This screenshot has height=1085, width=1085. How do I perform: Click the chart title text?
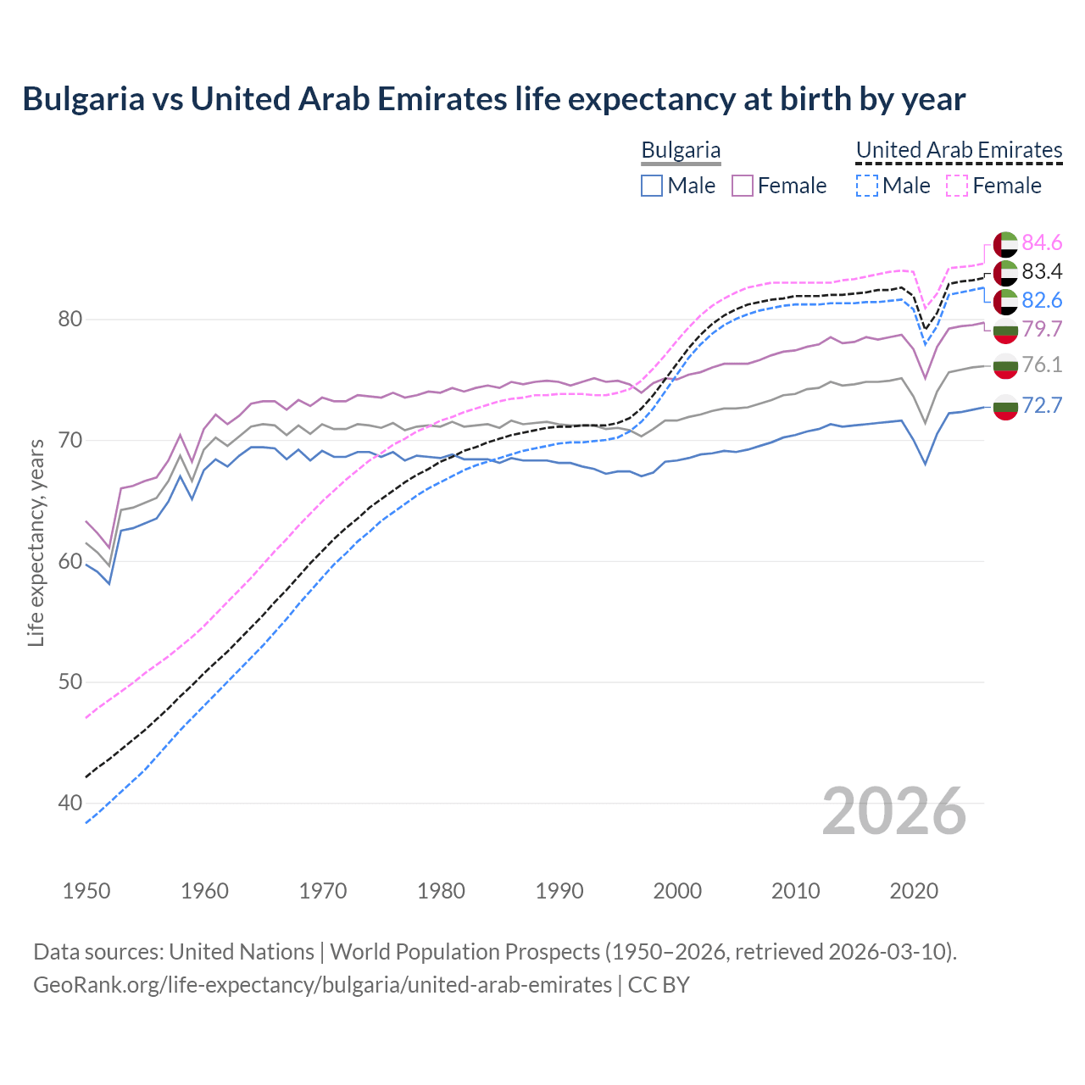tap(493, 99)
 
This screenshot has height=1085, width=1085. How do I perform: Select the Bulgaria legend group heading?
tap(681, 150)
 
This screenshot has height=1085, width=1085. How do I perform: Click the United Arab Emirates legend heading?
tap(959, 150)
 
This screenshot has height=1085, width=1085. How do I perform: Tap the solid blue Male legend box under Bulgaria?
tap(652, 186)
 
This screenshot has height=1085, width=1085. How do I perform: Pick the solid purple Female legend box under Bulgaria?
tap(743, 186)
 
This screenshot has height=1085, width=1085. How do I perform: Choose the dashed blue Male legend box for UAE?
tap(866, 186)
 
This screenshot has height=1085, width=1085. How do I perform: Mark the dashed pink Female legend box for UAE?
tap(957, 186)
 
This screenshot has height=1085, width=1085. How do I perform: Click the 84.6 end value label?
tap(1042, 243)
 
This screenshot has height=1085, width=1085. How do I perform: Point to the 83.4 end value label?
tap(1042, 272)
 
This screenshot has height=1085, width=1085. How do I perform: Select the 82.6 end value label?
tap(1042, 301)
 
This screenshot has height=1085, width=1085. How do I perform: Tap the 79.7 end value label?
tap(1042, 330)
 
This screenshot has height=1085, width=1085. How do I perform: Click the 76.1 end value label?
tap(1042, 365)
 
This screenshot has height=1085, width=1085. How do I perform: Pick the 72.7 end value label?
tap(1042, 406)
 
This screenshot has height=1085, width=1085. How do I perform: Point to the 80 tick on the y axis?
tap(70, 320)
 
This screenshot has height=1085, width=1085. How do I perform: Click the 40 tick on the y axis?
tap(70, 803)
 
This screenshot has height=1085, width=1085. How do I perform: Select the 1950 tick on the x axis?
tap(86, 891)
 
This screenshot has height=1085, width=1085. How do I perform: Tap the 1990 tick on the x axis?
tap(559, 891)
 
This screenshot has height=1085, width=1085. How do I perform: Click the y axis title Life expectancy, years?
tap(36, 542)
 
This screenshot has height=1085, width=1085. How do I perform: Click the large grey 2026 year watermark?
tap(894, 811)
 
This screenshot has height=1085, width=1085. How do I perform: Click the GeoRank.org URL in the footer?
tap(322, 985)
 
